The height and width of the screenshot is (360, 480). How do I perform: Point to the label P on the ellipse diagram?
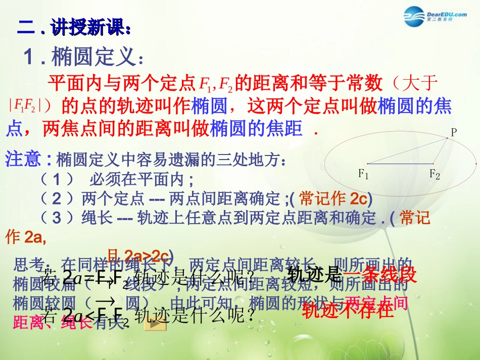[453, 132]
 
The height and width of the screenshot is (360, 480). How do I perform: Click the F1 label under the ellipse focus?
[364, 174]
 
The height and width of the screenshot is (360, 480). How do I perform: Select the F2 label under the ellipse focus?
[435, 175]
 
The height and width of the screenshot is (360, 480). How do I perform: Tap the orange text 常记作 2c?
[336, 198]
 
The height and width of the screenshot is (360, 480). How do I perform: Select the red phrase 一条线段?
[380, 275]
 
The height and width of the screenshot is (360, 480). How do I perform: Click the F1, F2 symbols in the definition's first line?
[216, 83]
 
